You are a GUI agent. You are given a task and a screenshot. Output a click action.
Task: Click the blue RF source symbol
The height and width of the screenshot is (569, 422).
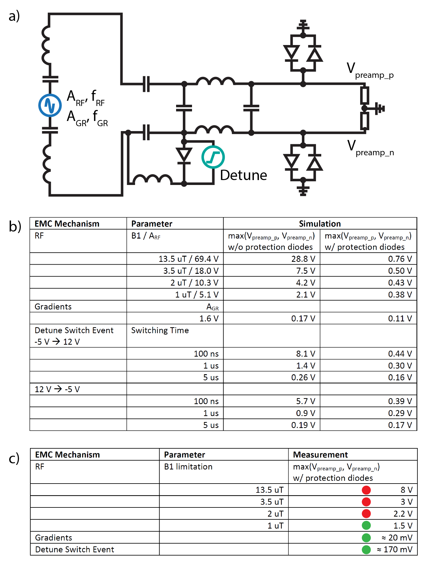(50, 105)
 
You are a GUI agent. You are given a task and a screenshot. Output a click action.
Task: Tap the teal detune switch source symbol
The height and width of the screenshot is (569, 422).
(213, 157)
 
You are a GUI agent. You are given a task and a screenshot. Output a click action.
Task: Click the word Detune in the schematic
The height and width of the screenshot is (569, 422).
(243, 175)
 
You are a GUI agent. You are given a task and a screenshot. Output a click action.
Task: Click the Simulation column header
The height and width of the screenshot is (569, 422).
(320, 224)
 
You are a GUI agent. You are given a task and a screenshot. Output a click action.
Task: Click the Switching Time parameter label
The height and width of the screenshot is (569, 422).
(160, 330)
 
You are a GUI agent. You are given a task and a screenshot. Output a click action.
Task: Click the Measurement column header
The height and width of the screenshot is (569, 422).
(320, 454)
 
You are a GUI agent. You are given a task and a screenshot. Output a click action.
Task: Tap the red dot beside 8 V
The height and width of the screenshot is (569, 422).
(366, 490)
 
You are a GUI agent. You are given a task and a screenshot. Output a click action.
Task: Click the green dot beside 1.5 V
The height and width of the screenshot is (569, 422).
(366, 526)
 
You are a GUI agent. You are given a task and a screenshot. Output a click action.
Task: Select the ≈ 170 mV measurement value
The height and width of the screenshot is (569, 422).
(394, 549)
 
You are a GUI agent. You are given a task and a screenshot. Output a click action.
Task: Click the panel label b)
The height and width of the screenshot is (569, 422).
(15, 226)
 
